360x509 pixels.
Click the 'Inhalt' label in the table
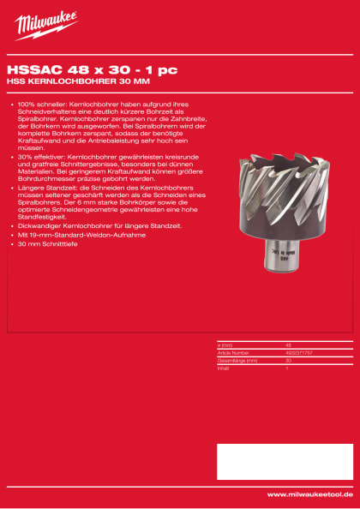tap(225, 366)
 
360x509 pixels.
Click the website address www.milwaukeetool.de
tap(309, 494)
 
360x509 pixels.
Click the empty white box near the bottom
tap(284, 462)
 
